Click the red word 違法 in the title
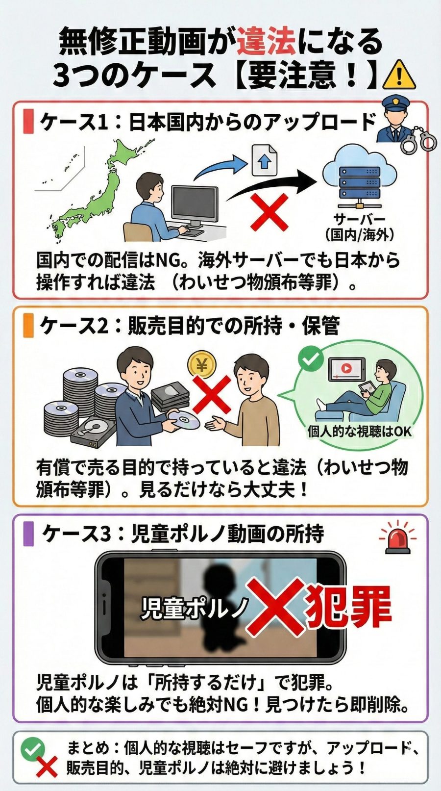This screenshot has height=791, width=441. point(266,41)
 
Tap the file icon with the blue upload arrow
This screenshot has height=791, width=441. point(264,160)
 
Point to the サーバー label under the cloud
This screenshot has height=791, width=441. point(359,219)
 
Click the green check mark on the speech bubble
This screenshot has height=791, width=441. point(311,359)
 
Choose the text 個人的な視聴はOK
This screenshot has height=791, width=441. point(359,432)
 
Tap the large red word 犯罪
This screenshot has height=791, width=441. point(348,608)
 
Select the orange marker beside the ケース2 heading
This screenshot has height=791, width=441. point(28,326)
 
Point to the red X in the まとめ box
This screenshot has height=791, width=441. point(47,767)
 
